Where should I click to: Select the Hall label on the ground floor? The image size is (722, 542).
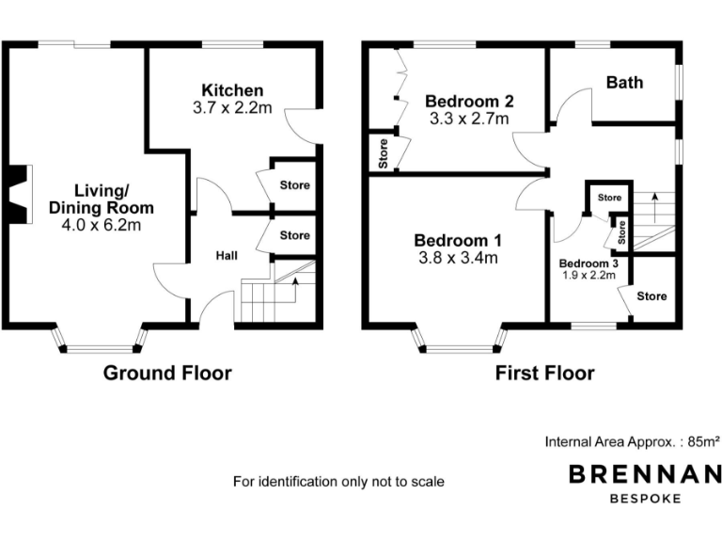(x=227, y=255)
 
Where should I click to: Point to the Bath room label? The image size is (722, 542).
(x=624, y=83)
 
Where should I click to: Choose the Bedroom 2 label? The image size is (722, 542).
(x=468, y=101)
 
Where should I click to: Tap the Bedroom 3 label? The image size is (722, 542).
(x=589, y=263)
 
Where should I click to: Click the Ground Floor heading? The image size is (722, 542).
(x=167, y=374)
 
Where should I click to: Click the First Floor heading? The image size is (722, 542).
(x=545, y=374)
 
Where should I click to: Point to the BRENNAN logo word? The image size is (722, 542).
(x=644, y=474)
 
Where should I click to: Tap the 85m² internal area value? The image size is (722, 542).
(x=703, y=440)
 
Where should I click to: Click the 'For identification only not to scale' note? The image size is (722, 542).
(x=338, y=482)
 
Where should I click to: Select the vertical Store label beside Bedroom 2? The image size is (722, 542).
(x=384, y=153)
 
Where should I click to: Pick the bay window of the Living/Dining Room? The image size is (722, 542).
(x=100, y=341)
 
